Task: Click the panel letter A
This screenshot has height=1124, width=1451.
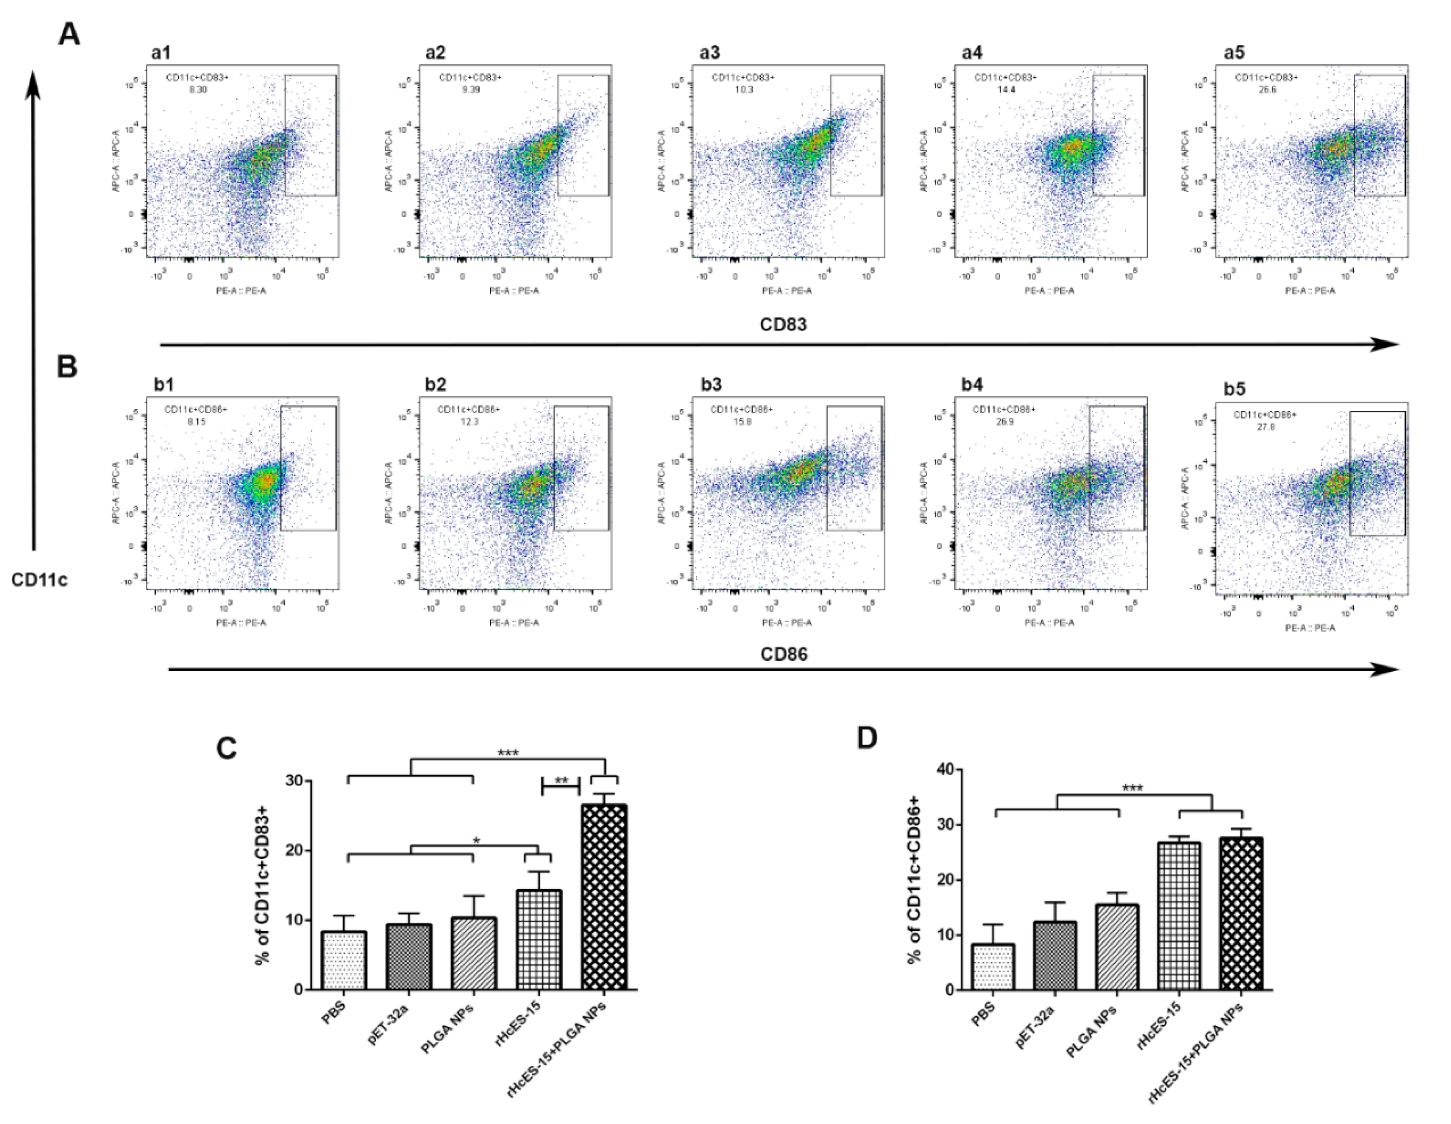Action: (69, 33)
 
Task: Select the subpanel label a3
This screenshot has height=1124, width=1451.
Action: (709, 53)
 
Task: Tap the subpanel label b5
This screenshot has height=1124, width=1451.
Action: (1234, 389)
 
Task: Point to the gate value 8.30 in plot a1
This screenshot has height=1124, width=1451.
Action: (198, 89)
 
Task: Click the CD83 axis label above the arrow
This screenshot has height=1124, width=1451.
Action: (783, 324)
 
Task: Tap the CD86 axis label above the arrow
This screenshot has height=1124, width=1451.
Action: (784, 654)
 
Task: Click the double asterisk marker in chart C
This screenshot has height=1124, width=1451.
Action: (561, 781)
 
